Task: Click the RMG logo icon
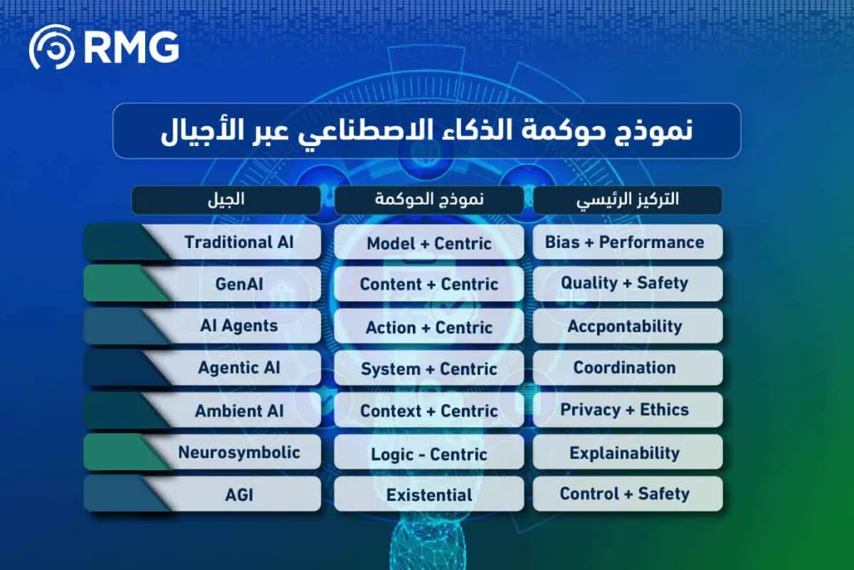click(x=52, y=47)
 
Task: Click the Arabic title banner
click(x=426, y=131)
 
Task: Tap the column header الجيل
click(x=226, y=200)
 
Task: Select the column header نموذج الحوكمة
click(x=429, y=200)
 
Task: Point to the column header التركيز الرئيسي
click(x=627, y=200)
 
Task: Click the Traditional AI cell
click(x=239, y=243)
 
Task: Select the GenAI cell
click(x=239, y=284)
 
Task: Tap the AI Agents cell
click(x=239, y=326)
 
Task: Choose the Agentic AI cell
click(x=239, y=368)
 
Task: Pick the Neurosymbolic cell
click(x=239, y=453)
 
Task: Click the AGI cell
click(x=239, y=495)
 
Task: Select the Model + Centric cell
click(x=429, y=244)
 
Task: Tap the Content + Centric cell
click(x=429, y=285)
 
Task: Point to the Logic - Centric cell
click(x=429, y=454)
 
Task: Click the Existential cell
click(x=429, y=495)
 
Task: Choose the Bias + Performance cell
click(x=625, y=243)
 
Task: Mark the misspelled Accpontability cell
click(x=625, y=326)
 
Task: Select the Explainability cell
click(x=625, y=453)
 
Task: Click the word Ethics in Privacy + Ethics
click(x=664, y=410)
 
